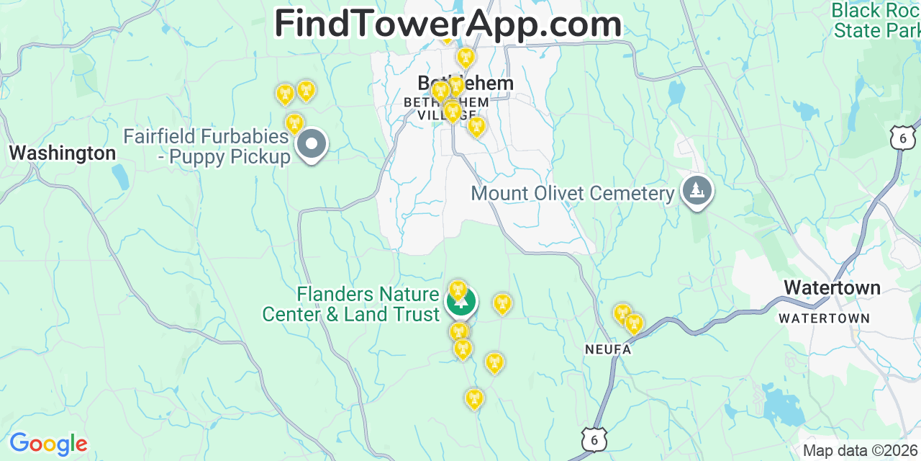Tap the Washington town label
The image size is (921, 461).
[x=63, y=153]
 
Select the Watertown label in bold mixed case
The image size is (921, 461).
[x=832, y=287]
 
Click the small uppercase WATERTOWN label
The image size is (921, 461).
[x=824, y=318]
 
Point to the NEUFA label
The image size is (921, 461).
[x=607, y=349]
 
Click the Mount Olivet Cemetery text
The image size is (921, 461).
[x=572, y=193]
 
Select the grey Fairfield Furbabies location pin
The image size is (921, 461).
[x=312, y=144]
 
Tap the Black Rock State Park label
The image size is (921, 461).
[x=876, y=20]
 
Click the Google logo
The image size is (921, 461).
[x=47, y=444]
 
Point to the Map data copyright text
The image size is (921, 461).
[x=861, y=451]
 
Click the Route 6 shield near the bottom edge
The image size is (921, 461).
[x=595, y=439]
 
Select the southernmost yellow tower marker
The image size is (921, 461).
[x=473, y=398]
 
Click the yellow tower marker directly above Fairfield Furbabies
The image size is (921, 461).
[x=294, y=123]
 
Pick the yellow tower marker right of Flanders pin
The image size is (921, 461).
[x=502, y=304]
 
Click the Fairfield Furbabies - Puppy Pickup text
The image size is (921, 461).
[x=207, y=146]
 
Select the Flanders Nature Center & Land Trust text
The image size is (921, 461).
[x=350, y=304]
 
